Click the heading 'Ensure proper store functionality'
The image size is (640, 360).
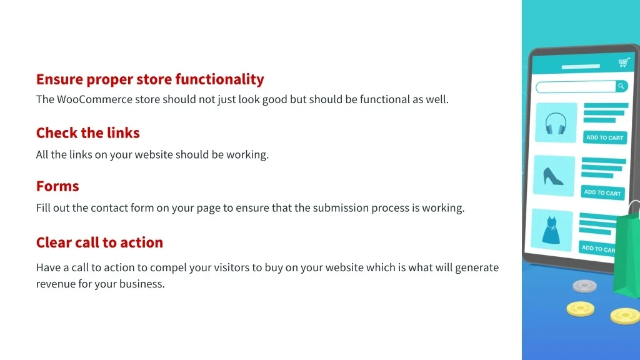150,79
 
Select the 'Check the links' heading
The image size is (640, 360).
87,132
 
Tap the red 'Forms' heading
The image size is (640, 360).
57,186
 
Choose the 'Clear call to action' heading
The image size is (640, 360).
99,242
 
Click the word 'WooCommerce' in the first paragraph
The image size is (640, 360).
94,99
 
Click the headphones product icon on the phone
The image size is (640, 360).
556,123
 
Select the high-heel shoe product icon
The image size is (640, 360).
553,176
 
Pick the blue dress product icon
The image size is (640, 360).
551,231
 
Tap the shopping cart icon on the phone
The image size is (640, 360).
624,62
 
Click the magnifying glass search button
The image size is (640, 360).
621,86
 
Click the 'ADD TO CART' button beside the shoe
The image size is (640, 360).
602,192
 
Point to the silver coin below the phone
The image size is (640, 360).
584,286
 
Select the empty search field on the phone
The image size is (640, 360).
576,87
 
